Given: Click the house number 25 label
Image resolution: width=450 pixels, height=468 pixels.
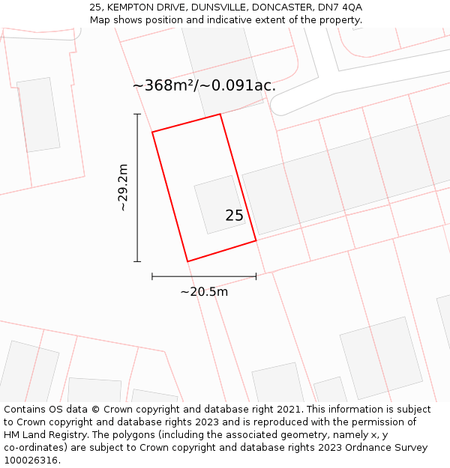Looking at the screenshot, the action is pyautogui.click(x=234, y=216).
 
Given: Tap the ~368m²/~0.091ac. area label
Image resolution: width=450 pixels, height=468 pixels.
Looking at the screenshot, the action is pyautogui.click(x=204, y=85).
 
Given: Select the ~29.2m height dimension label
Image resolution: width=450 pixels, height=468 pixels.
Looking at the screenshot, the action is pyautogui.click(x=124, y=187).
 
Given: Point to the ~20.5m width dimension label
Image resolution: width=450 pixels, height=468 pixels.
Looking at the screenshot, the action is pyautogui.click(x=204, y=292).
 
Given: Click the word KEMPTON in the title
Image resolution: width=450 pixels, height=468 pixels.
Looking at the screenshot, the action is pyautogui.click(x=132, y=7).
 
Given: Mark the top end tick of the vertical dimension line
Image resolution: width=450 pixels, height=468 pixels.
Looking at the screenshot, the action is pyautogui.click(x=137, y=114).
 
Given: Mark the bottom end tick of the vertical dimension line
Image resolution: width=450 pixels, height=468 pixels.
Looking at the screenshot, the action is pyautogui.click(x=137, y=261).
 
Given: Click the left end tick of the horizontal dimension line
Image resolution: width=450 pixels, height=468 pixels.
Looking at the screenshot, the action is pyautogui.click(x=152, y=276).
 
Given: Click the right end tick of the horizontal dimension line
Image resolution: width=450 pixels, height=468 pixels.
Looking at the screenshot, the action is pyautogui.click(x=256, y=276).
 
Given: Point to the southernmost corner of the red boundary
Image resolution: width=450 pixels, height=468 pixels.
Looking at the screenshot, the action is pyautogui.click(x=187, y=261).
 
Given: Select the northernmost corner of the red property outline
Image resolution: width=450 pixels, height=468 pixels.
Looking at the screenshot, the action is pyautogui.click(x=220, y=114).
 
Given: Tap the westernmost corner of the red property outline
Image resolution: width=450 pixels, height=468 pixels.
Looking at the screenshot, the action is pyautogui.click(x=152, y=133).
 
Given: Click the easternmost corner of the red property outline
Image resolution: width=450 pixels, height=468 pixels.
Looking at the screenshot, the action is pyautogui.click(x=256, y=240).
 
